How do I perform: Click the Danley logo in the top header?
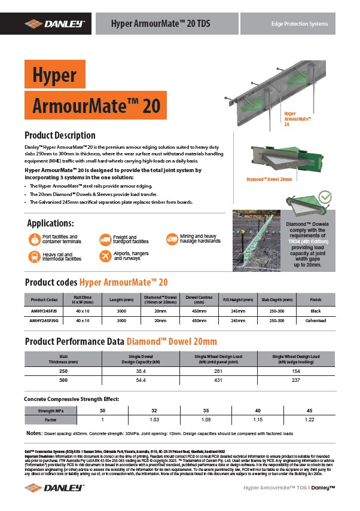click(54, 23)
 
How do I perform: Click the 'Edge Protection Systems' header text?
click(300, 24)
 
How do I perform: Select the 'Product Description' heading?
click(59, 135)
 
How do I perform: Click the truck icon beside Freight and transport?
click(104, 240)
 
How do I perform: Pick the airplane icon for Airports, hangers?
click(104, 256)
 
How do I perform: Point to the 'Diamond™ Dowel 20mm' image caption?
click(269, 179)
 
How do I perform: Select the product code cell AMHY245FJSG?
click(44, 321)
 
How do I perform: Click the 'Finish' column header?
click(316, 299)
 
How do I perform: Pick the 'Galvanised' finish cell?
click(316, 321)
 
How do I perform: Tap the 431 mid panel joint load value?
click(219, 380)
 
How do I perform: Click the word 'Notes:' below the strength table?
click(34, 432)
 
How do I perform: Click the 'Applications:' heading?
click(51, 224)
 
